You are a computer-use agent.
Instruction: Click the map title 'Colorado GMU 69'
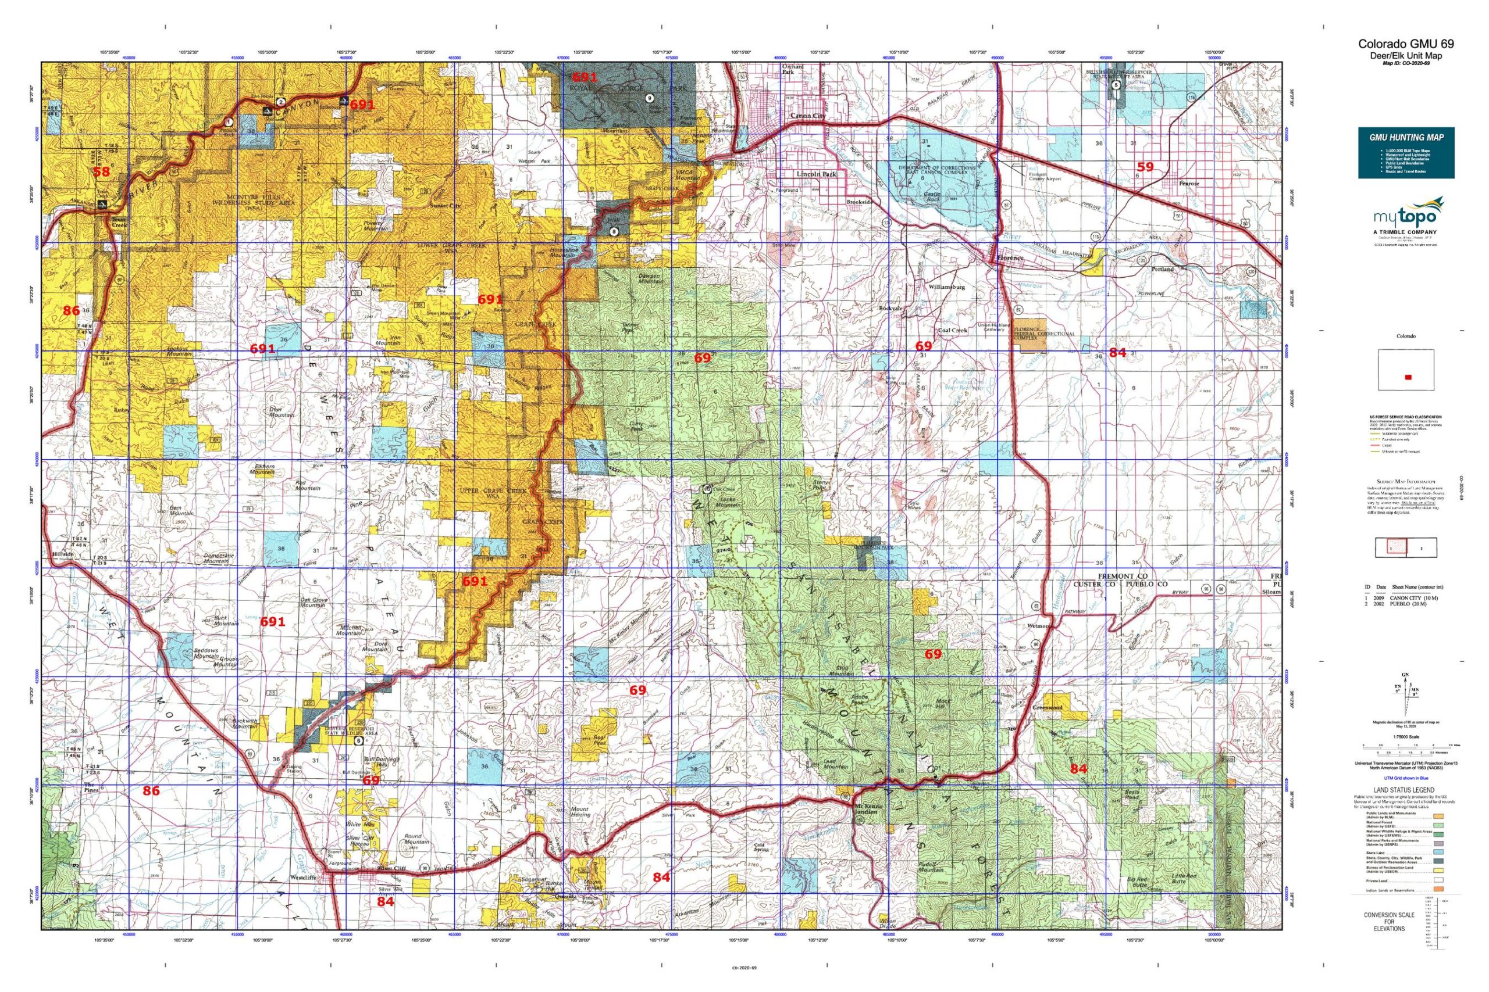point(1405,44)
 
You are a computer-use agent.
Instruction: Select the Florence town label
point(1010,258)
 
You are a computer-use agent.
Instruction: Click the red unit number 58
point(101,171)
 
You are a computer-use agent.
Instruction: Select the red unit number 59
point(1145,167)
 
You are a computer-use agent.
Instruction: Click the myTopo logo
point(1405,219)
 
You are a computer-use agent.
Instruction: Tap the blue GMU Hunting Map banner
point(1405,152)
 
